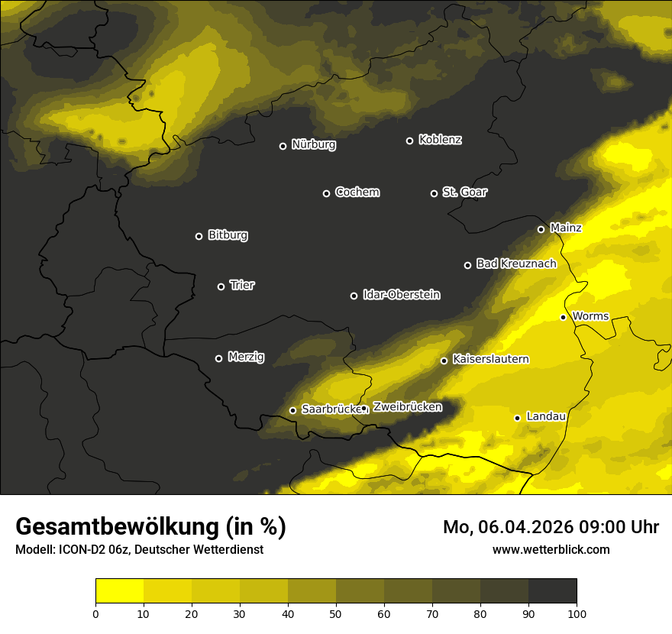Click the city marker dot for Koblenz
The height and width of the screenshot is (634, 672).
coord(409,141)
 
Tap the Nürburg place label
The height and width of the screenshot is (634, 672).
coord(313,144)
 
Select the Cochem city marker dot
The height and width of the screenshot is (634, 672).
coord(326,193)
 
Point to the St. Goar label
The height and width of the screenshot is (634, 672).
coord(464,192)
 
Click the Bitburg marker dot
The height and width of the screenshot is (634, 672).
coord(199,236)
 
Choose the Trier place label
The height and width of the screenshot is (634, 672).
coord(242,285)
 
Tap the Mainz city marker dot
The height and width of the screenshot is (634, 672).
coord(541,229)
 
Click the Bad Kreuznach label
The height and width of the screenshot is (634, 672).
coord(516,264)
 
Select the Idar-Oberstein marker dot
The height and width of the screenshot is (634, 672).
coord(354,296)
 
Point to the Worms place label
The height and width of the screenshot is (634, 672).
coord(590,315)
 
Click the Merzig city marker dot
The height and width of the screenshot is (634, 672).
coord(218,358)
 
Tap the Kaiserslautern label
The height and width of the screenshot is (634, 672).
coord(490,359)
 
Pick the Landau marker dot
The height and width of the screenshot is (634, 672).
coord(517,418)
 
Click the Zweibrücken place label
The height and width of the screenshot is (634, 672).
coord(407,406)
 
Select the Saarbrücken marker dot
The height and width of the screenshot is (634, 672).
coord(292,410)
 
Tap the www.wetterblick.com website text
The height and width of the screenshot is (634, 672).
coord(551,549)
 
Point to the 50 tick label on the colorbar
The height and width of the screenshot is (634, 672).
coord(336,613)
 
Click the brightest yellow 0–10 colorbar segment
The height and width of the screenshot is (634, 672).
coord(119,590)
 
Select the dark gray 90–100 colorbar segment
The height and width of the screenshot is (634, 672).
coord(552,590)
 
